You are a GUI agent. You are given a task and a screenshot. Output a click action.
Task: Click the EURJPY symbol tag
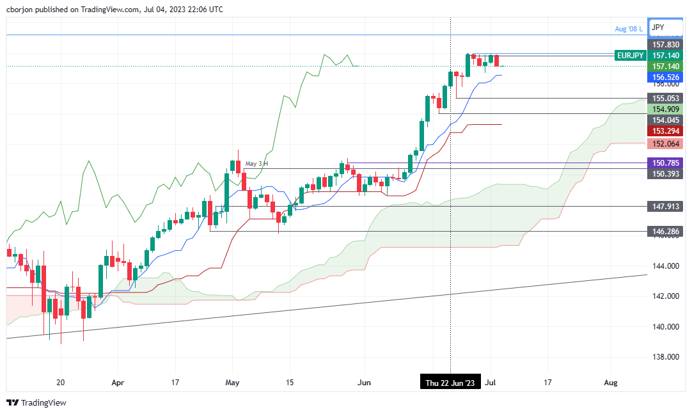tap(629, 56)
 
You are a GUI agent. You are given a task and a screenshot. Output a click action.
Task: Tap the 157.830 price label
tap(665, 45)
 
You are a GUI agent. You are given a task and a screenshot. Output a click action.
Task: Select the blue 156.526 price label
tap(665, 77)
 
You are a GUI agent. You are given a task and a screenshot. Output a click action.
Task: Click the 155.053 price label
tap(665, 99)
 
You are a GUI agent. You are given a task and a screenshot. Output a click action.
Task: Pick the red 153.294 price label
tap(665, 131)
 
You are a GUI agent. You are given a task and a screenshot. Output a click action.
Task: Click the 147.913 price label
tap(665, 207)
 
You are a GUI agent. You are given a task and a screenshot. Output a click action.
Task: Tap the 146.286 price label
tap(665, 231)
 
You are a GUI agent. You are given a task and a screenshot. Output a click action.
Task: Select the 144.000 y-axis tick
tap(665, 266)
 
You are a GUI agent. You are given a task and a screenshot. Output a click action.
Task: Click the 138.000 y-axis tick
tap(665, 357)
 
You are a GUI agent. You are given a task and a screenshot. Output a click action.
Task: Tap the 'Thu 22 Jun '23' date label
tap(451, 383)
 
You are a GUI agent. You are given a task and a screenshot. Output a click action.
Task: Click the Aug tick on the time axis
tap(611, 383)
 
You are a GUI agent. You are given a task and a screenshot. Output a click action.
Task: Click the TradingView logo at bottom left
tap(36, 403)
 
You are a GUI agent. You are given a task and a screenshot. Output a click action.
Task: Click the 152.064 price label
tap(665, 143)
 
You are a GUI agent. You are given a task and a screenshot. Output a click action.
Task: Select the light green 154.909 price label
tap(665, 109)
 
